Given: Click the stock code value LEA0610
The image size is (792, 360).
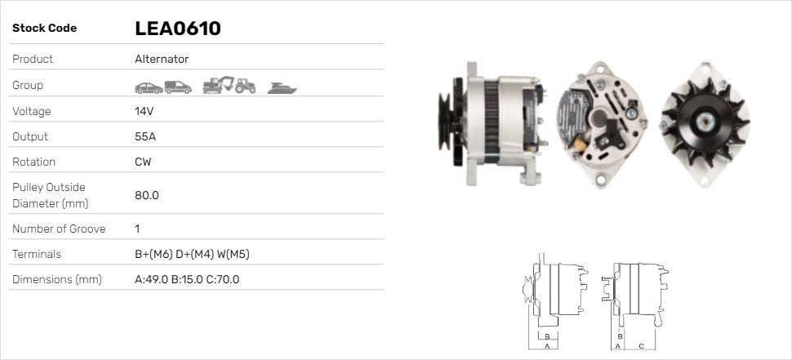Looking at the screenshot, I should pos(177,29).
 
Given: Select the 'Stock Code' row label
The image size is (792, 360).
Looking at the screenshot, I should pos(44,29).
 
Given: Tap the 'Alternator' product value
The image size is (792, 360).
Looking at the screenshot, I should pos(162,59).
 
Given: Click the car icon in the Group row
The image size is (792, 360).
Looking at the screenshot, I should pos(148,87).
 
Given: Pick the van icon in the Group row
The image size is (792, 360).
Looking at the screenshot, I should pos(177,87).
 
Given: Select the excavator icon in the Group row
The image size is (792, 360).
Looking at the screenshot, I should pos(218,85).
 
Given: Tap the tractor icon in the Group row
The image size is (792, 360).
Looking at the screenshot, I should pos(245,86).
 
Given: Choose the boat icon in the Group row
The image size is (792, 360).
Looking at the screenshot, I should pos(282,87).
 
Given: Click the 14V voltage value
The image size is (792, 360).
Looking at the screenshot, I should pos(144,111).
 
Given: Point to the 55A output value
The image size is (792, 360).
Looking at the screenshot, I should pos(145,136).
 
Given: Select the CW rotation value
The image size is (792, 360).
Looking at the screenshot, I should pos(143,162).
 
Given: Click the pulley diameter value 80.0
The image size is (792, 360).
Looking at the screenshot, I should pos(146,195).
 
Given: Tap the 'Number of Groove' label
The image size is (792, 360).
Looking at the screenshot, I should pos(59,229).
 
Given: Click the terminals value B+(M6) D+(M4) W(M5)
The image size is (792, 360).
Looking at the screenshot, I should pos(192,254).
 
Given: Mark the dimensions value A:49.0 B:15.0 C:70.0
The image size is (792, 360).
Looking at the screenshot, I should pos(186,279).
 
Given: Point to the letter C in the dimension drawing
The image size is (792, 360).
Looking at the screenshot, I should pos(641,346).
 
